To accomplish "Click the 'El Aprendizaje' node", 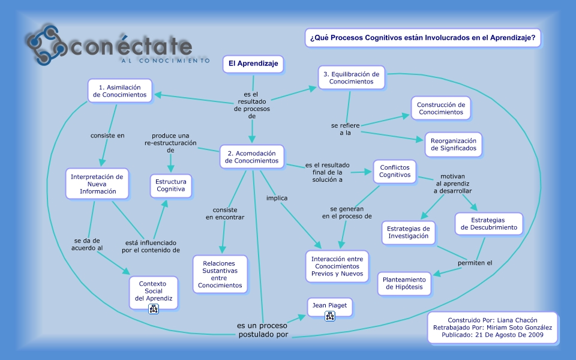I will [x=253, y=64].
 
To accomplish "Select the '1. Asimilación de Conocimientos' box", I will [x=120, y=91].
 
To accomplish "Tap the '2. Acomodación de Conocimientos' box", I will [x=251, y=157].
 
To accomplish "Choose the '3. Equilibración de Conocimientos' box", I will [x=351, y=78].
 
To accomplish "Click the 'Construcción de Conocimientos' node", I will [x=441, y=108].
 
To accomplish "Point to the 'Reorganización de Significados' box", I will [x=453, y=144].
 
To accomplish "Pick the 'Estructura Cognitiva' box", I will [x=171, y=185].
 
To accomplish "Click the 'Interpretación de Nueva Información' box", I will [x=97, y=184].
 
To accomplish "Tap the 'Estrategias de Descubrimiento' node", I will [x=488, y=224].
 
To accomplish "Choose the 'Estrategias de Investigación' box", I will [x=408, y=232].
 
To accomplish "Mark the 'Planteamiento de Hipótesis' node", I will [x=404, y=284].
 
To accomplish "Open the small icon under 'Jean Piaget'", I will [x=329, y=316].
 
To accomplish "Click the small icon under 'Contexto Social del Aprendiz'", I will [x=154, y=309].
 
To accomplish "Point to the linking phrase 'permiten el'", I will [x=475, y=263].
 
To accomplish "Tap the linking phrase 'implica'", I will [x=277, y=197].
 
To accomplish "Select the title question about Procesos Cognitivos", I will [x=422, y=38].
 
